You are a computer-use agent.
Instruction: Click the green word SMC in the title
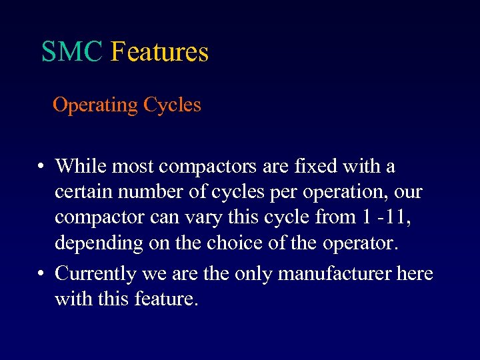coord(72,52)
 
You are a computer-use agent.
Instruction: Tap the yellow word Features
coord(159,52)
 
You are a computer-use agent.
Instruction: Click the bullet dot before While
coord(41,166)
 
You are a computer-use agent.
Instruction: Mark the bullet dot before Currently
coord(41,274)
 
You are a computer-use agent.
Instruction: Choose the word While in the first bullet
coord(79,165)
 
